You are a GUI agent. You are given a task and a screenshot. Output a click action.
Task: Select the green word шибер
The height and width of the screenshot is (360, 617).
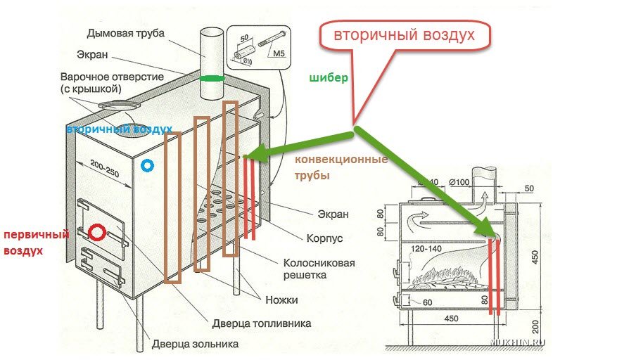(x=329, y=78)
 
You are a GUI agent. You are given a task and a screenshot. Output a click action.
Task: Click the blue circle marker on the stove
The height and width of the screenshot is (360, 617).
(x=147, y=166)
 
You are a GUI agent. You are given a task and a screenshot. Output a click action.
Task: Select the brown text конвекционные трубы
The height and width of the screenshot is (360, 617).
(x=341, y=167)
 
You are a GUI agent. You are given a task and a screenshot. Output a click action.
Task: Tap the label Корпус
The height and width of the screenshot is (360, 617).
(x=324, y=238)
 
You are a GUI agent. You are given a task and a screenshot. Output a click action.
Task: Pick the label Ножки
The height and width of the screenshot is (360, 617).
(x=281, y=300)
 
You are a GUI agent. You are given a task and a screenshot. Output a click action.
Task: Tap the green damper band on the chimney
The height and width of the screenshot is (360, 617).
(x=211, y=78)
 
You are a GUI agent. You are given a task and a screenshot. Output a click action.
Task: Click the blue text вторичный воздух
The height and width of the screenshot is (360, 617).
(x=119, y=130)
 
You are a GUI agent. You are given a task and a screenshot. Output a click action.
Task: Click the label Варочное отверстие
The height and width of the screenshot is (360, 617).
(x=120, y=77)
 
